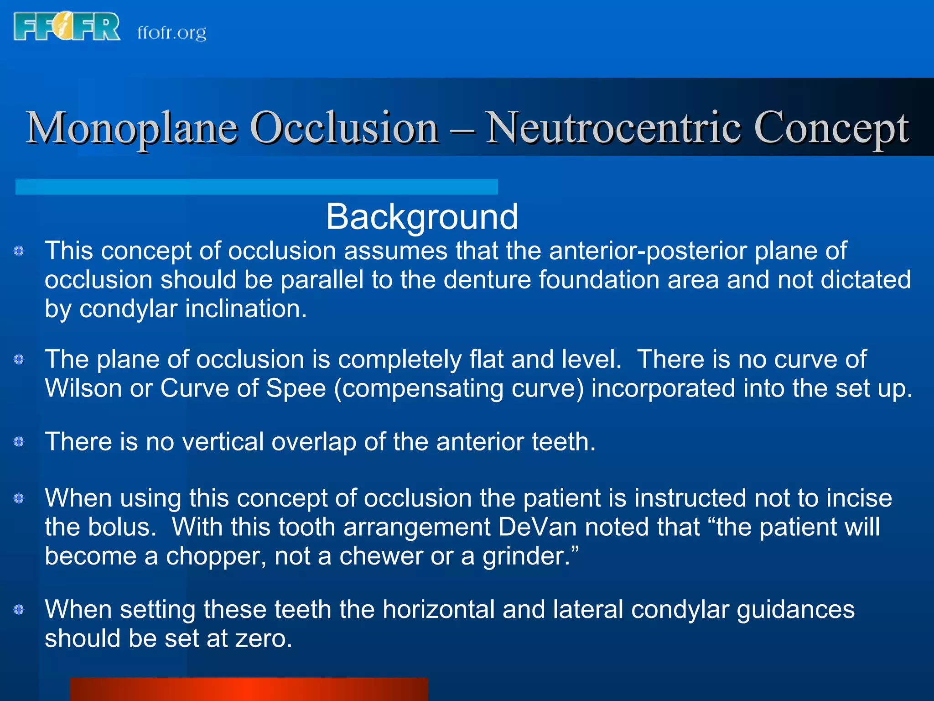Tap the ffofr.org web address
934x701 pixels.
point(172,33)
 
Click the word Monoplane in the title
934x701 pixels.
point(132,128)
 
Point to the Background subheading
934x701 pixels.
point(422,216)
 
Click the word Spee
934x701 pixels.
point(296,388)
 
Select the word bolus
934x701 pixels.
point(119,527)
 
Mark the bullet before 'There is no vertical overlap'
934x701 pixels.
point(19,442)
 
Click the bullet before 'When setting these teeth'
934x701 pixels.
point(19,610)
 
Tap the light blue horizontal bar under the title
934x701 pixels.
point(256,187)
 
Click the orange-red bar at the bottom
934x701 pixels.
point(249,689)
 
